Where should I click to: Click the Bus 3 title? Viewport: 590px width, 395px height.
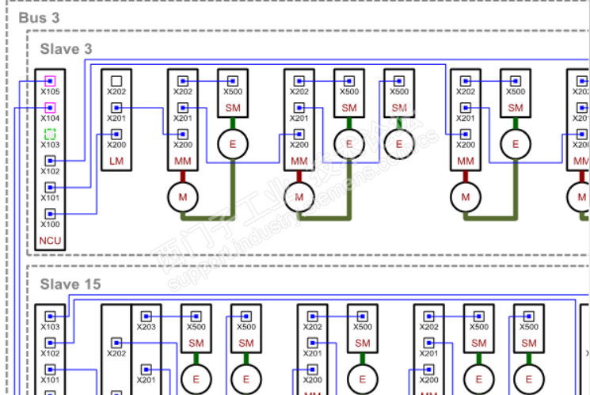coord(39,17)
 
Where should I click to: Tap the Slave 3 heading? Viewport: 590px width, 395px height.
coord(66,49)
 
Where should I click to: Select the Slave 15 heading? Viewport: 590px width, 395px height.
coord(70,284)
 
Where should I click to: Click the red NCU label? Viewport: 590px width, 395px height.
coord(51,241)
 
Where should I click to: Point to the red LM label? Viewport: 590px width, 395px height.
coord(116,162)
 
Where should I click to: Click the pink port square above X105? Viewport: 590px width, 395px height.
coord(50,81)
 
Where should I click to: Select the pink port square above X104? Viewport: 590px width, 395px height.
coord(50,108)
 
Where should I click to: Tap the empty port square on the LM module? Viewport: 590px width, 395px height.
coord(116,81)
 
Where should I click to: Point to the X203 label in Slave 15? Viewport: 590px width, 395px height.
coord(147,327)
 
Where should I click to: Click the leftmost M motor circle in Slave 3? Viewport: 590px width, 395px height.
coord(183,196)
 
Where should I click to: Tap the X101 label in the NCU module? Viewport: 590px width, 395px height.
coord(51,199)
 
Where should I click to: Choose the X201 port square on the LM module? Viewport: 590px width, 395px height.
coord(116,108)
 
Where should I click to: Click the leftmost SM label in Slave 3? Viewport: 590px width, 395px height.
coord(233,108)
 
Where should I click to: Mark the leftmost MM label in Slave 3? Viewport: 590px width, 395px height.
coord(183,162)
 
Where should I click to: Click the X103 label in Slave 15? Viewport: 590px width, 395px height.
coord(51,327)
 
